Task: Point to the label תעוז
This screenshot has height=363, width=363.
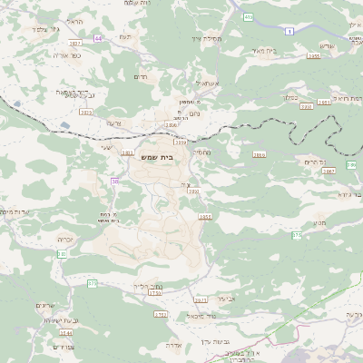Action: point(125,35)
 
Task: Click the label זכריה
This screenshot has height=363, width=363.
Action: point(64,238)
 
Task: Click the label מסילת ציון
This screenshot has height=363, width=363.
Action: point(207,39)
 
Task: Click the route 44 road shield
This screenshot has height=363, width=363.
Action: point(98,38)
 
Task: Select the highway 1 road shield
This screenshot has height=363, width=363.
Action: point(289,32)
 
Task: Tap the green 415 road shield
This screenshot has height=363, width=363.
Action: point(248,16)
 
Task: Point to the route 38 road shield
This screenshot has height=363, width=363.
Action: point(114,181)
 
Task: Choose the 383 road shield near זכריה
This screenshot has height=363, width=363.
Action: point(62,254)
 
